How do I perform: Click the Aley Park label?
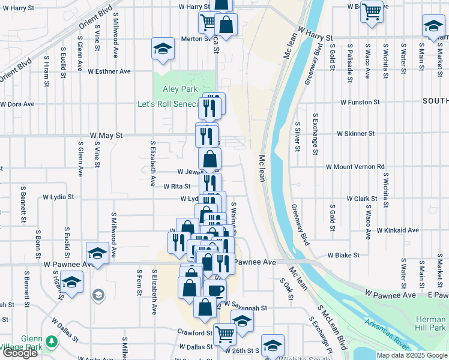(x=180, y=89)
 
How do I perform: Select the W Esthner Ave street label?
(x=109, y=71)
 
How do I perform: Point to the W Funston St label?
(x=361, y=102)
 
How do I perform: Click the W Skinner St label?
(x=355, y=133)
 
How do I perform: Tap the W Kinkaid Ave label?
(x=397, y=230)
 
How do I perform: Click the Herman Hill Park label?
(x=430, y=323)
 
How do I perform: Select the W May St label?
(x=106, y=136)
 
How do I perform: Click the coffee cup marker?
(x=215, y=290)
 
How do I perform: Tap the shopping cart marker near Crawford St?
(x=225, y=334)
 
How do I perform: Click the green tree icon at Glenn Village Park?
(x=52, y=341)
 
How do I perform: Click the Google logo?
(x=20, y=352)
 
